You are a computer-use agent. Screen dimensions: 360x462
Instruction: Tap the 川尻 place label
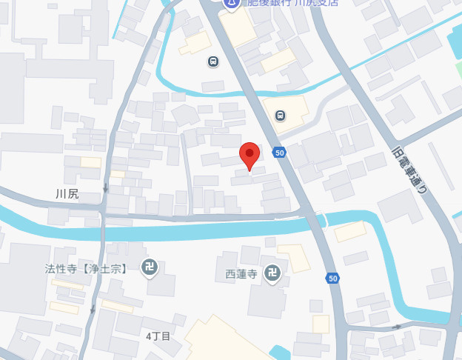click(x=67, y=195)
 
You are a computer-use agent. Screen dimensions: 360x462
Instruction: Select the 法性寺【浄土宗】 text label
click(x=86, y=267)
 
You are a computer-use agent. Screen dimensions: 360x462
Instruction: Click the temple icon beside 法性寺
click(x=150, y=267)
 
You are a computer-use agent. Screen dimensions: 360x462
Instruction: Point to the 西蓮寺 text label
click(x=241, y=274)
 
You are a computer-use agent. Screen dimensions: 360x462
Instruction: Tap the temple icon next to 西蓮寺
click(x=273, y=273)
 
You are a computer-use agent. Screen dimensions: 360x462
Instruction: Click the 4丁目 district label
click(x=158, y=336)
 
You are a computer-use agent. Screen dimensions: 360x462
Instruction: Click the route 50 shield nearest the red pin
click(x=278, y=153)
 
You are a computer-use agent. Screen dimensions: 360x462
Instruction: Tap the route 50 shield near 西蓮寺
click(x=333, y=279)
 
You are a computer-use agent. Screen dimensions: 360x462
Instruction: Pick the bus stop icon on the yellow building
click(x=280, y=115)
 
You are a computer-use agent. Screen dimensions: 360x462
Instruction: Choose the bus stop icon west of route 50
click(x=213, y=62)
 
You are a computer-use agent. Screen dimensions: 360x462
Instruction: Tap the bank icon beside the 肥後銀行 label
click(x=232, y=3)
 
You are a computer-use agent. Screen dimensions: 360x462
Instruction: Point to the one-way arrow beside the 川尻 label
click(x=106, y=188)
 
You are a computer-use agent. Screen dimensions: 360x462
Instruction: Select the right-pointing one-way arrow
click(x=398, y=327)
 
